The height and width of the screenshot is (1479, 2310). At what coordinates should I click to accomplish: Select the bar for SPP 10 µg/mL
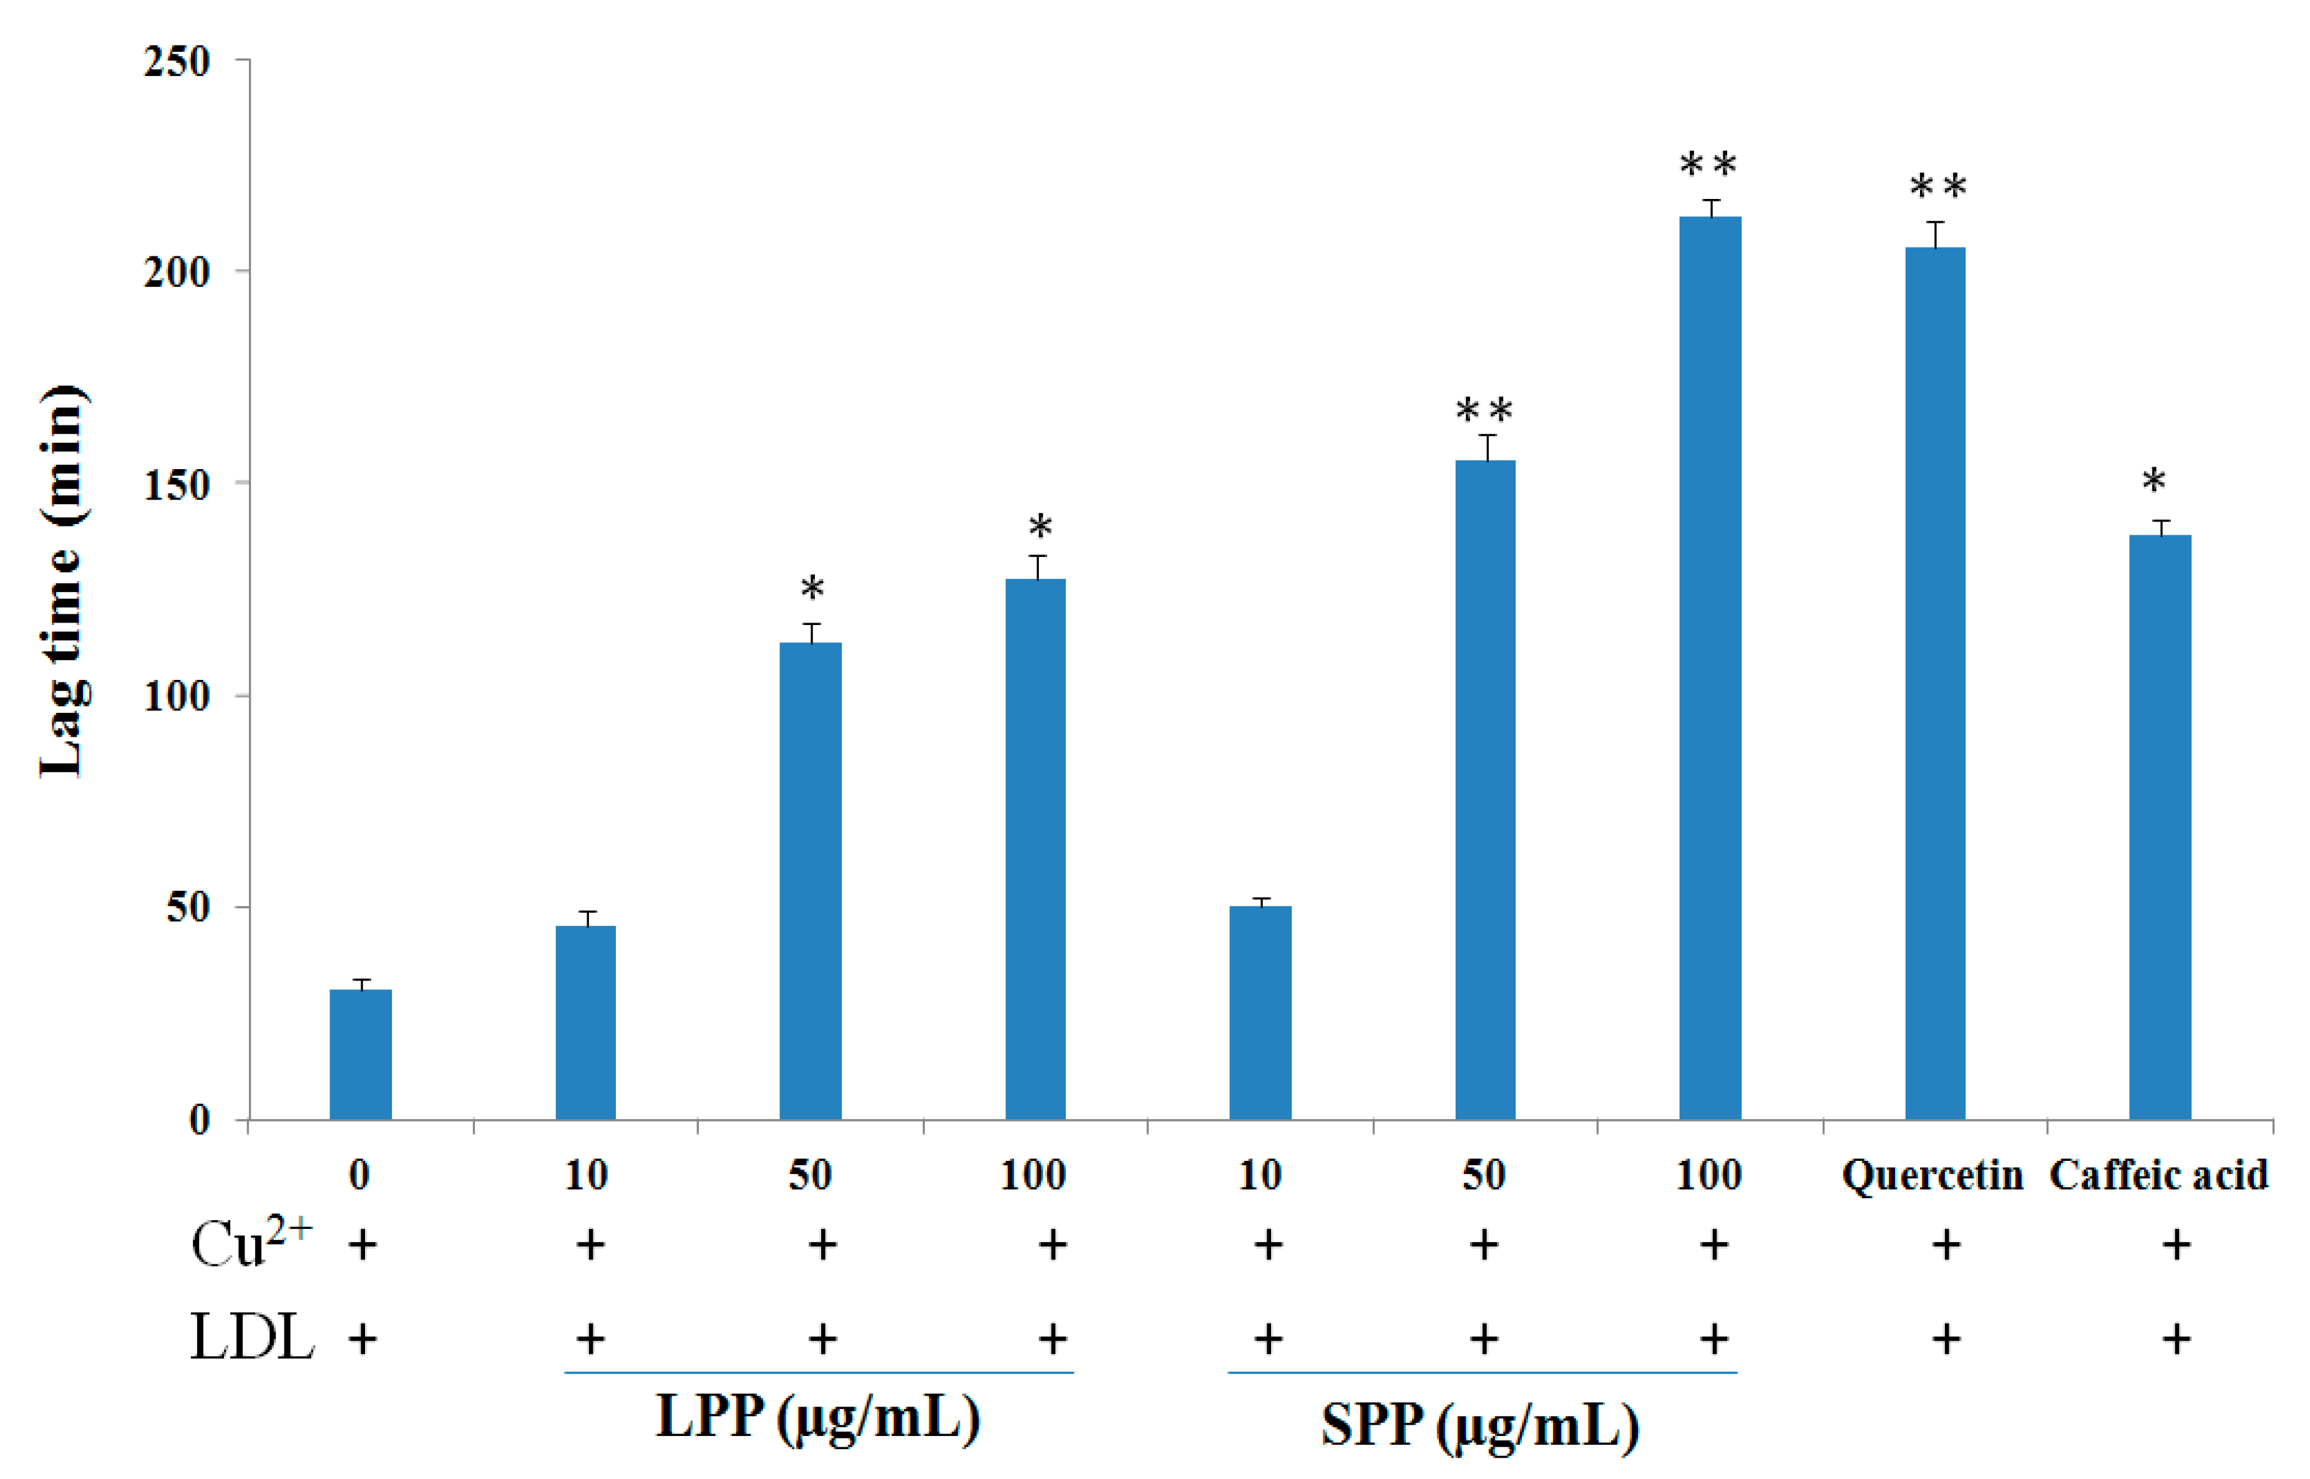[1260, 1012]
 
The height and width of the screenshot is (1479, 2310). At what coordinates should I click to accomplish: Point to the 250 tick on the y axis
[177, 62]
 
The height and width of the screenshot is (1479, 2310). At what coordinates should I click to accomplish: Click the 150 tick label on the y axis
[177, 485]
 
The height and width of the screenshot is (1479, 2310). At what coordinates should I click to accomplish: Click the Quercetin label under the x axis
[1932, 1175]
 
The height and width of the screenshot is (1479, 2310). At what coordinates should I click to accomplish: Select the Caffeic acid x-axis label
[2158, 1175]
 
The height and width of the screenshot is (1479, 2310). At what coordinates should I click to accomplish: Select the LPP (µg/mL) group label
[817, 1417]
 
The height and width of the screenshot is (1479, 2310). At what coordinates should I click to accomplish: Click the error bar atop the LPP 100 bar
[1036, 566]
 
